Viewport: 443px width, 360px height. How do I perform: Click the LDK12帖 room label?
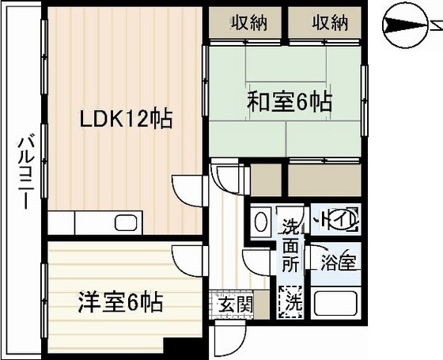(126, 119)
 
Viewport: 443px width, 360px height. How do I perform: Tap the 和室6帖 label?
(290, 101)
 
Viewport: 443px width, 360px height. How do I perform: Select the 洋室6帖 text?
(120, 302)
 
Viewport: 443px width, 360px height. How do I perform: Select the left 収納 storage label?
(248, 23)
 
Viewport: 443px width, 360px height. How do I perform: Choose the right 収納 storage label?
(329, 23)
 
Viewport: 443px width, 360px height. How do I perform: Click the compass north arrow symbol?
(407, 25)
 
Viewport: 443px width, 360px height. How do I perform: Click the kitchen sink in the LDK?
(125, 222)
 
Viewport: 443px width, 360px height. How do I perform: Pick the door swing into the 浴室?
(313, 261)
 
